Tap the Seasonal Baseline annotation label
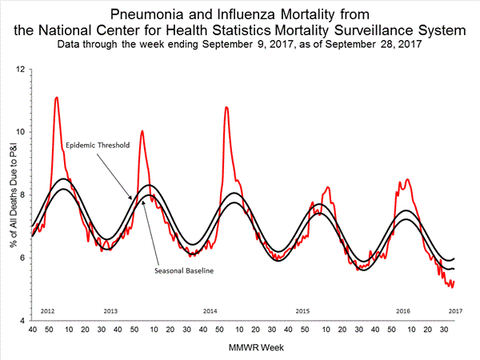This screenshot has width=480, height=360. click(185, 270)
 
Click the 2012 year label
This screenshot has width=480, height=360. click(46, 310)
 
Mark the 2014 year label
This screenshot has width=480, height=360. click(210, 310)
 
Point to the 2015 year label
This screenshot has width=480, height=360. click(302, 310)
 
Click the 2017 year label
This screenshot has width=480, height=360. click(455, 310)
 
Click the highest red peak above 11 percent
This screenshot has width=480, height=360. click(56, 98)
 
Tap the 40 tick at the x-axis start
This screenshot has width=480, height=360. click(32, 330)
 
